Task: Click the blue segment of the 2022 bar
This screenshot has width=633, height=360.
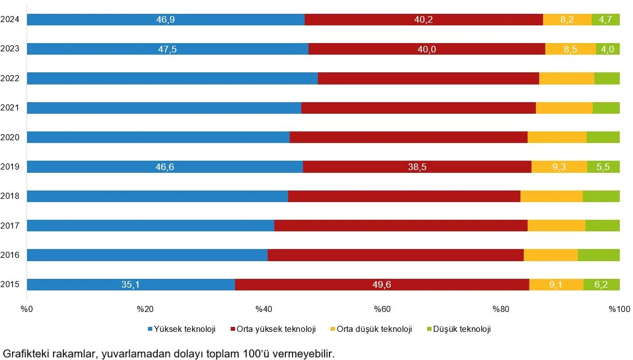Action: [x=172, y=78]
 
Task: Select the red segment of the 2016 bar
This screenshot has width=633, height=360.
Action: [x=395, y=255]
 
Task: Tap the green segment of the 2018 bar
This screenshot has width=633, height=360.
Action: [x=601, y=196]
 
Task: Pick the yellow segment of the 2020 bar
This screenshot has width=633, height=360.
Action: [x=557, y=137]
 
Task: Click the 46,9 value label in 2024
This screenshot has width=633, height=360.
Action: [x=166, y=20]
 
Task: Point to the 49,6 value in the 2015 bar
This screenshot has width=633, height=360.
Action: [x=381, y=285]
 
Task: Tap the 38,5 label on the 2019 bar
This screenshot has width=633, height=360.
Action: [x=417, y=167]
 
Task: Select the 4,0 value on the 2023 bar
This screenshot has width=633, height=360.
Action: [x=608, y=49]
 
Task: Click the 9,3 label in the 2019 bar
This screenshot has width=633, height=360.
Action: [x=559, y=167]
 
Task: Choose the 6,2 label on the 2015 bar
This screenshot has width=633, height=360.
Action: [x=601, y=285]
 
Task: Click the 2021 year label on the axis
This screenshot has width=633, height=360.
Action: [x=10, y=108]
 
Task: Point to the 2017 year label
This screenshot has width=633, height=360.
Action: [x=10, y=225]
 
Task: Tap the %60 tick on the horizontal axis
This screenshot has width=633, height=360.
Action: [x=382, y=309]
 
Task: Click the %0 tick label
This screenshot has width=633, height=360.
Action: [x=27, y=309]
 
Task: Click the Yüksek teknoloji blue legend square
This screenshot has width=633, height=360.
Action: [x=151, y=330]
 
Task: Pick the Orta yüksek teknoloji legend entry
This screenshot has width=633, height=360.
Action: [x=272, y=330]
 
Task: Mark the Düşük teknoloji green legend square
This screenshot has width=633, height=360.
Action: [x=429, y=330]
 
